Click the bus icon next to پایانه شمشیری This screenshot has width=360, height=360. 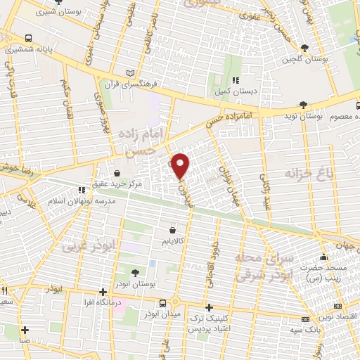(27, 39)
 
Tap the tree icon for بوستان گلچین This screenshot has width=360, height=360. (304, 48)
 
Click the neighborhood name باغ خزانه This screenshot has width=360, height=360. (308, 172)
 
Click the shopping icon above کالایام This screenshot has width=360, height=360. (173, 229)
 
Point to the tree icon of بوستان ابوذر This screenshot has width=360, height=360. (134, 272)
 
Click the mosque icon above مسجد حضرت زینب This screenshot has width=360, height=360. (323, 257)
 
